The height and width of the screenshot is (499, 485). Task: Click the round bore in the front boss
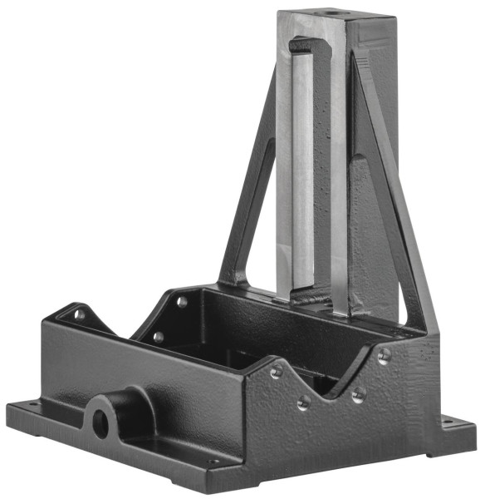pos(101,422)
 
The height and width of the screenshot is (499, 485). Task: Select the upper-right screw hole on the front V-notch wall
pos(383,356)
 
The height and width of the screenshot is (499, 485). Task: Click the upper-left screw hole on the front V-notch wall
pos(276,372)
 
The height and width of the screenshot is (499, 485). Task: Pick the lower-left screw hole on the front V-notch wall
pos(304,402)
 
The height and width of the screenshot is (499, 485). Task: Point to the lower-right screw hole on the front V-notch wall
pos(358,394)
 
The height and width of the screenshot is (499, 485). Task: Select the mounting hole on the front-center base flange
pos(213,462)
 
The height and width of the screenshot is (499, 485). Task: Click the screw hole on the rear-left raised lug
pos(80,314)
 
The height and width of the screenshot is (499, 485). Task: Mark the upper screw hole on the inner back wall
pos(182,302)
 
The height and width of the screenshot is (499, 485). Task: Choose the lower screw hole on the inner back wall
pos(158,337)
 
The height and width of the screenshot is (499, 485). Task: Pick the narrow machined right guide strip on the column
pos(338,183)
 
